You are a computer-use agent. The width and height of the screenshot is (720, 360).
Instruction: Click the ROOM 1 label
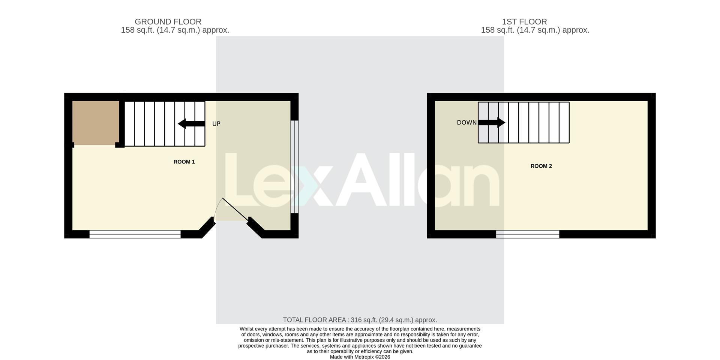point(184,162)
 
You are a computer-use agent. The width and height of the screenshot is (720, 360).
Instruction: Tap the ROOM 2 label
point(541,166)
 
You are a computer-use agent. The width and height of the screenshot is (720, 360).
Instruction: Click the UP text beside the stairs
point(216,124)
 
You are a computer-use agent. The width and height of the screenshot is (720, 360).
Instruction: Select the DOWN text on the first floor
point(466,123)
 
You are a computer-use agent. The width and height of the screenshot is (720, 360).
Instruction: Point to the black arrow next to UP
point(191,124)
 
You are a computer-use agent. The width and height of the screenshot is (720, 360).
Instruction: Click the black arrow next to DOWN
point(492,122)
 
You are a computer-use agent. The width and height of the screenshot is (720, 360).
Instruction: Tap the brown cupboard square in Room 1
point(96,123)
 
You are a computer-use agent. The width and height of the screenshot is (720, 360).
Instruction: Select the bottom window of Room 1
point(135,234)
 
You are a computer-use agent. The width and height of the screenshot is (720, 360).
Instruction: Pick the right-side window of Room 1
point(295,166)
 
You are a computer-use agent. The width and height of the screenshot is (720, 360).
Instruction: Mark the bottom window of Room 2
point(528,234)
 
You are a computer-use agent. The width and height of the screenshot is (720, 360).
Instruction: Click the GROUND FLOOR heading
point(168,22)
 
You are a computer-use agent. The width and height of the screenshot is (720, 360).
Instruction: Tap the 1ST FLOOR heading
point(524,22)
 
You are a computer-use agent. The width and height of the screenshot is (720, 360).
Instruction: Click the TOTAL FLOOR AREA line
point(360,320)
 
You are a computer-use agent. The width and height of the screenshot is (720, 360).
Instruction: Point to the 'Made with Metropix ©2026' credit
point(360,357)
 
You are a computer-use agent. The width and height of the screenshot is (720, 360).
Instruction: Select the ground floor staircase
point(165,124)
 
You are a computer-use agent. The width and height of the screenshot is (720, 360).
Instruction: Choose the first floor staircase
point(523,123)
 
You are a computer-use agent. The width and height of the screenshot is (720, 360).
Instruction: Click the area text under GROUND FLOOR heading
point(175,30)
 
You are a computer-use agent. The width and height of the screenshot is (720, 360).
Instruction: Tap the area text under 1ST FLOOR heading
point(535,30)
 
